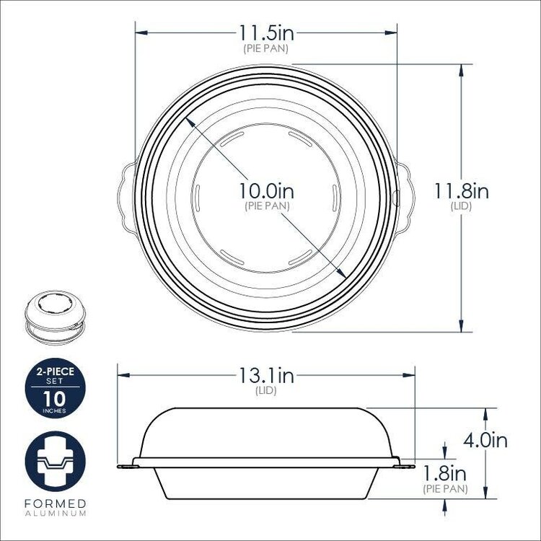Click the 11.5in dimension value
click(x=266, y=33)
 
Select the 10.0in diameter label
click(x=267, y=193)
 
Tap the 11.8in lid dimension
click(x=461, y=192)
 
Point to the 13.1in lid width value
click(x=266, y=376)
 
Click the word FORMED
click(x=55, y=503)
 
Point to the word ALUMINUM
click(x=55, y=513)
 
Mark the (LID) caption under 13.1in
click(x=266, y=391)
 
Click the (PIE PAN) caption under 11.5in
click(x=266, y=48)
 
